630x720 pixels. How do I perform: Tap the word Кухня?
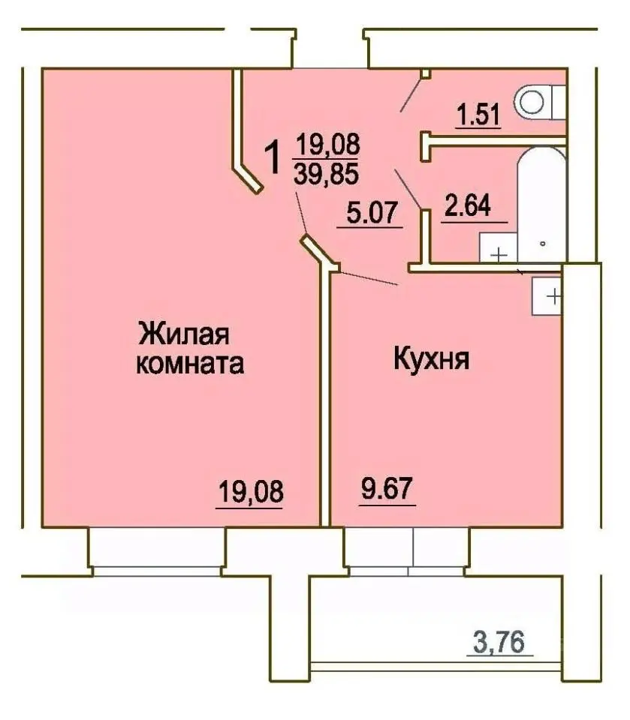click(x=432, y=359)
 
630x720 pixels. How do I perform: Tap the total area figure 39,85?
click(x=327, y=172)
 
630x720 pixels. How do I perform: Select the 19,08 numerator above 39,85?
click(x=327, y=142)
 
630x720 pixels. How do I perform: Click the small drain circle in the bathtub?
click(x=541, y=244)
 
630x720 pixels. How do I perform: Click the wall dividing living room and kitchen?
click(x=325, y=397)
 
